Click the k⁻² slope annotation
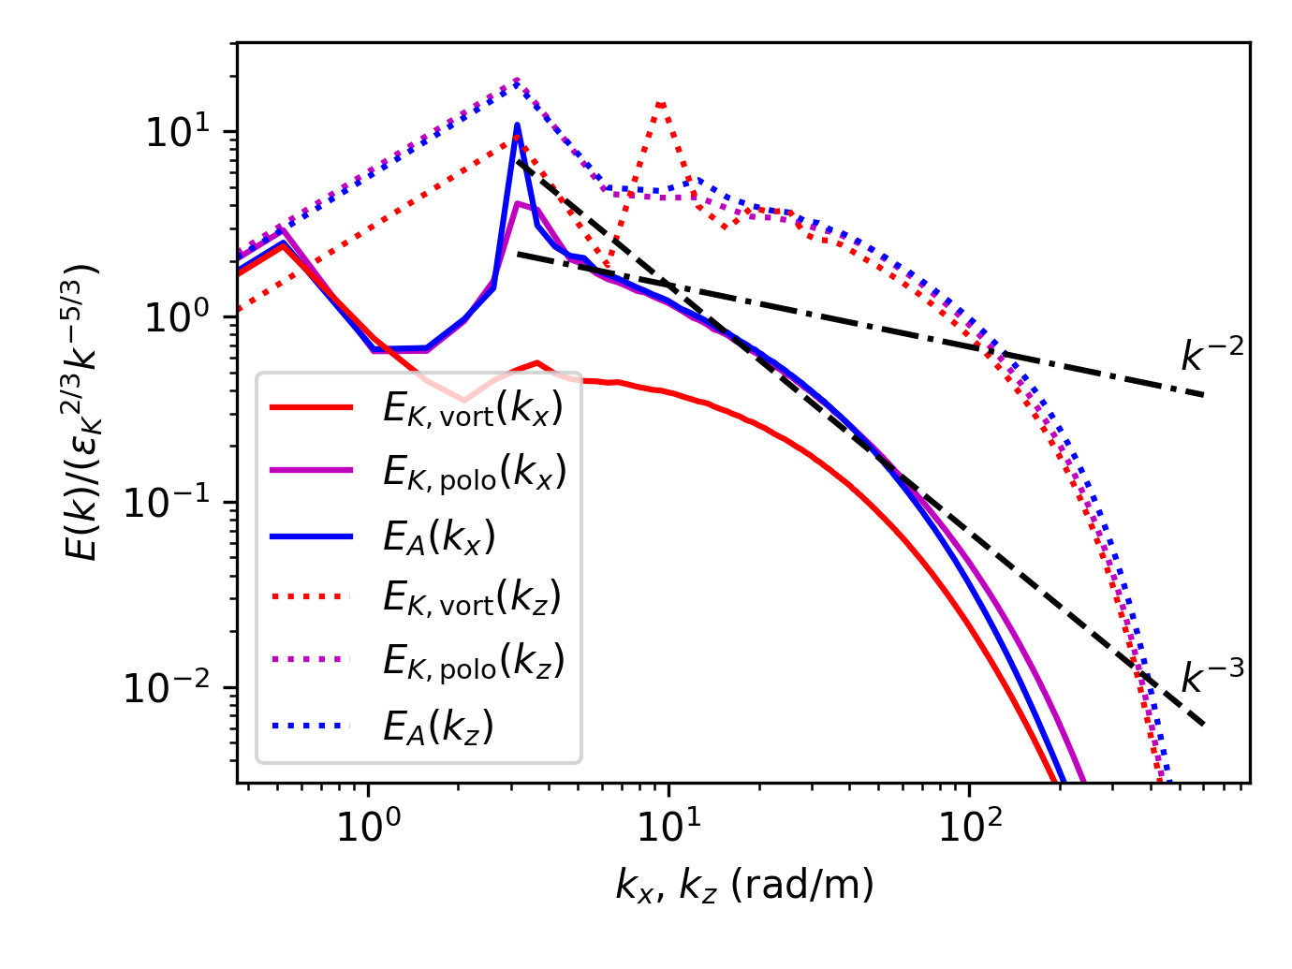pyautogui.click(x=1211, y=355)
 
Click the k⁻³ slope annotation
pyautogui.click(x=1211, y=675)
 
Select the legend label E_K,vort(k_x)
pyautogui.click(x=473, y=409)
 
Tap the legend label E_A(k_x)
pyautogui.click(x=438, y=536)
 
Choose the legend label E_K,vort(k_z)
pyautogui.click(x=472, y=597)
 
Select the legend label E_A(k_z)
pyautogui.click(x=437, y=725)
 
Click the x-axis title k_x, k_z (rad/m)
pyautogui.click(x=744, y=885)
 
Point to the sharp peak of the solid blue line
pyautogui.click(x=517, y=125)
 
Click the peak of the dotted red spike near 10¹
pyautogui.click(x=661, y=103)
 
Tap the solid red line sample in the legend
pyautogui.click(x=312, y=408)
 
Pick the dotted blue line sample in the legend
pyautogui.click(x=312, y=725)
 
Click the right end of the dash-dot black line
pyautogui.click(x=1203, y=395)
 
